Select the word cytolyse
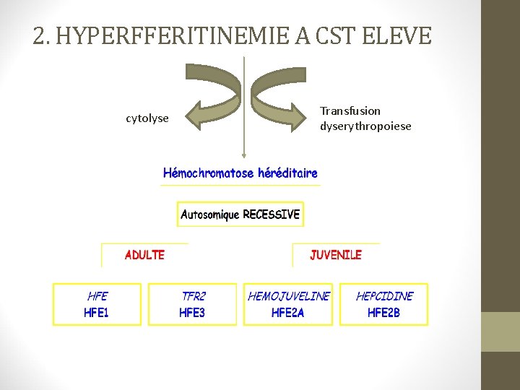point(147,118)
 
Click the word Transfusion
point(350,110)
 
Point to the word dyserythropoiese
point(365,126)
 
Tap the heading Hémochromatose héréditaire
point(240,173)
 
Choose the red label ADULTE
point(144,255)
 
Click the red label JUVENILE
point(336,255)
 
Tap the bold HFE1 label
point(97,313)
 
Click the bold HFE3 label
point(193,313)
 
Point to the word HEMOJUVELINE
point(288,297)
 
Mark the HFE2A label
point(288,313)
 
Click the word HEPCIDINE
point(384,297)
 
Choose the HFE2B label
point(383,313)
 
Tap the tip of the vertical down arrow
point(245,155)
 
